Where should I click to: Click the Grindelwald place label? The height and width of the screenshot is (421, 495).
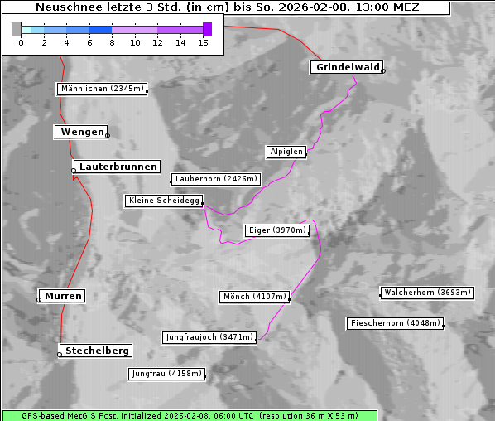click(x=347, y=67)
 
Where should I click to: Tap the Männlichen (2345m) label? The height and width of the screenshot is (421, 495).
click(x=102, y=89)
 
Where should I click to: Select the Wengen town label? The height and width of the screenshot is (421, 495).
click(x=80, y=132)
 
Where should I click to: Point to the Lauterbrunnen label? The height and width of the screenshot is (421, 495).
click(x=118, y=167)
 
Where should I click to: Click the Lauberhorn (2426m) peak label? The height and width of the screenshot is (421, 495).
click(x=216, y=178)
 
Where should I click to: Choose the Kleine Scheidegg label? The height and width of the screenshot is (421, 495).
click(x=164, y=201)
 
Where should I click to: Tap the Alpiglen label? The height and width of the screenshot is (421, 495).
click(x=286, y=152)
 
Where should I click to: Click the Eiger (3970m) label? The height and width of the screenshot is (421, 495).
click(x=277, y=230)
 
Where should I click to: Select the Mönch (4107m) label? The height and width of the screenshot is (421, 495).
click(x=255, y=297)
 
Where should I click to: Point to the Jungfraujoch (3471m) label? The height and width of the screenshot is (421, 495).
click(x=209, y=337)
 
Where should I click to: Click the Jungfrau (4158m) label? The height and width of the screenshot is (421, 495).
click(x=166, y=374)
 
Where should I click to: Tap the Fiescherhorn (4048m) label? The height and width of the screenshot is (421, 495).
click(x=395, y=323)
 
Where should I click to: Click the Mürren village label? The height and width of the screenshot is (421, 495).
click(x=63, y=296)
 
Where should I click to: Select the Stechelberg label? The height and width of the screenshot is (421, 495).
click(x=94, y=351)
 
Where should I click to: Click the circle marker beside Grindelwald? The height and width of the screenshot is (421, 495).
click(x=383, y=71)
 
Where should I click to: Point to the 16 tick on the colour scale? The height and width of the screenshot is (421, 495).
click(x=203, y=41)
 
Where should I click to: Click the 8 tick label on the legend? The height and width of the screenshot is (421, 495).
click(x=112, y=41)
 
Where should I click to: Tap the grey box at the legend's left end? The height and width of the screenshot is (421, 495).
click(x=17, y=29)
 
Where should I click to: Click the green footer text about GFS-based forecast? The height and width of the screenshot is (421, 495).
click(x=190, y=415)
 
